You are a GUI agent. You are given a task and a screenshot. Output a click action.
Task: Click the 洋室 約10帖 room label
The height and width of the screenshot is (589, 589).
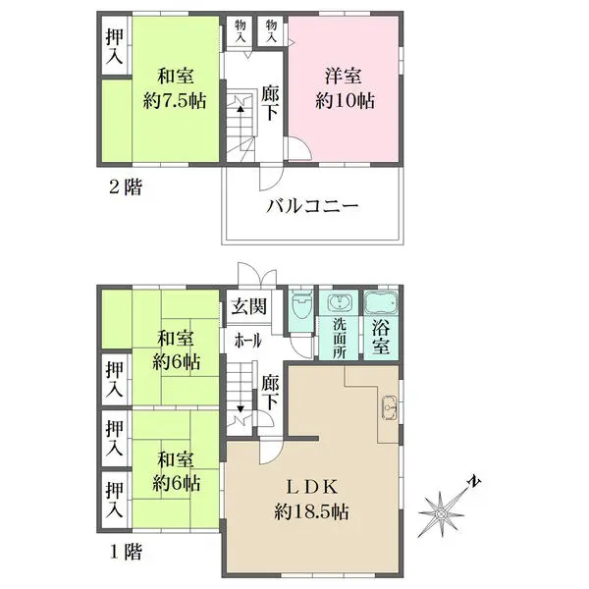(x=345, y=88)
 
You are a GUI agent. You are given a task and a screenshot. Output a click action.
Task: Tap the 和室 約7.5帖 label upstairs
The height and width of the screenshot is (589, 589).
(x=175, y=88)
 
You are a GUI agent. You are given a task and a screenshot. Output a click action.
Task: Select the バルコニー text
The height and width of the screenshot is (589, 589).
(x=312, y=206)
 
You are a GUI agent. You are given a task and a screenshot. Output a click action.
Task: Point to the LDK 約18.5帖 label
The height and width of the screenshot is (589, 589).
(x=311, y=499)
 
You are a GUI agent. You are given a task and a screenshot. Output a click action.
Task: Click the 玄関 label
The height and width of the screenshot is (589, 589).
(x=248, y=306)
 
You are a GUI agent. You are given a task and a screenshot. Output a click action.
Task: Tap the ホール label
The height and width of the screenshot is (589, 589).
(x=247, y=341)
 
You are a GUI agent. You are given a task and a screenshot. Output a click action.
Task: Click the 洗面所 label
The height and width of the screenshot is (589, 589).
(x=340, y=339)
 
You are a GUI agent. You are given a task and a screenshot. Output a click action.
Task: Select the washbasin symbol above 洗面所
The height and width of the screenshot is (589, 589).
(x=340, y=302)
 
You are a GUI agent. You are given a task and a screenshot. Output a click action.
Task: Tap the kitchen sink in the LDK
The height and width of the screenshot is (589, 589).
(x=390, y=407)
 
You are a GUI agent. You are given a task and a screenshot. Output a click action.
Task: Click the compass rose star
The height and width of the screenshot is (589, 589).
(x=442, y=513)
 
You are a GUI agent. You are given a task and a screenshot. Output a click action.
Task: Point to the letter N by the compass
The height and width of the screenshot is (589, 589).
(x=474, y=481)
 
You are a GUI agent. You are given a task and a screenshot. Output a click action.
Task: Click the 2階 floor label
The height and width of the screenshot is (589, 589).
(x=126, y=187)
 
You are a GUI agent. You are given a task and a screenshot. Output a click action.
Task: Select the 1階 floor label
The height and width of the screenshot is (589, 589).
(x=126, y=552)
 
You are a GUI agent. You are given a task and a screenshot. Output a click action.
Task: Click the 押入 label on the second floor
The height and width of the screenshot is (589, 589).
(x=114, y=46)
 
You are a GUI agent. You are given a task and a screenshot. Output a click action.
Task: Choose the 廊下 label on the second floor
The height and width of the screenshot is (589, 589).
(x=270, y=103)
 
